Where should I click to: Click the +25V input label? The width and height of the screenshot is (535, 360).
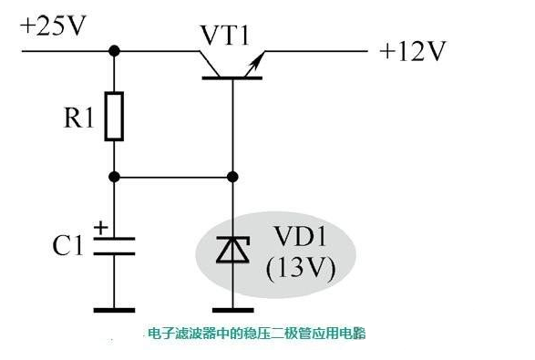click(x=54, y=26)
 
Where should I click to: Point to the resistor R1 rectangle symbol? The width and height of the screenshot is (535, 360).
click(x=114, y=116)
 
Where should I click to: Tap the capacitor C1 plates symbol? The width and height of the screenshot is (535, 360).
click(x=114, y=245)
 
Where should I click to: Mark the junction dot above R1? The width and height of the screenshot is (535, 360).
click(x=114, y=51)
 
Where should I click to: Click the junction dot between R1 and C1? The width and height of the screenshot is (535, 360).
click(x=114, y=177)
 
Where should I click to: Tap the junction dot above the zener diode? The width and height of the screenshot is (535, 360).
click(x=232, y=177)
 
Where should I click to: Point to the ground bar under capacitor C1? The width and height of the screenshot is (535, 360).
click(x=114, y=310)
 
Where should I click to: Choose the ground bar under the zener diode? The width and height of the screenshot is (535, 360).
click(x=232, y=310)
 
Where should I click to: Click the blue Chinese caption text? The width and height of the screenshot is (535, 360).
click(x=255, y=334)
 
